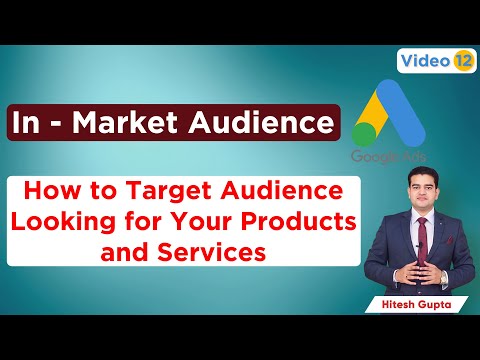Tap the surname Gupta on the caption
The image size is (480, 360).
point(438,299)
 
